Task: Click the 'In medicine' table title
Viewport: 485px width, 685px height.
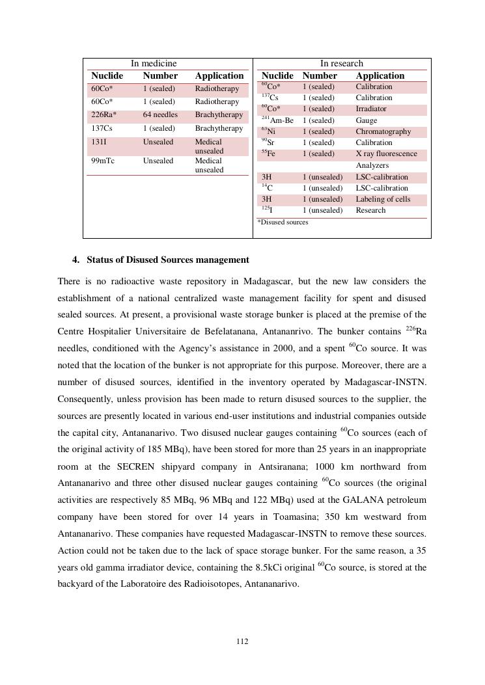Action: click(x=154, y=63)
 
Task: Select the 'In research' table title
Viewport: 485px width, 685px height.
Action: click(x=341, y=63)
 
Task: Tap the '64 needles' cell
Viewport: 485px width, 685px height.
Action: click(x=160, y=114)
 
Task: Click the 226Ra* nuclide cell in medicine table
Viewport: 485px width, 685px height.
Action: click(x=104, y=114)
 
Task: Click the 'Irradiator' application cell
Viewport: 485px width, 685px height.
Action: click(x=370, y=109)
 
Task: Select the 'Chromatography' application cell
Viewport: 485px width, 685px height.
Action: click(x=383, y=131)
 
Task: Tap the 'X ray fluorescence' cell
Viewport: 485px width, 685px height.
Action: click(x=386, y=154)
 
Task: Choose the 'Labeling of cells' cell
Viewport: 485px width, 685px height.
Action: click(x=383, y=199)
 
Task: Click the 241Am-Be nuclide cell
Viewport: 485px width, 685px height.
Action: click(x=277, y=120)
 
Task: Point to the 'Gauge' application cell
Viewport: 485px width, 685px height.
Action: click(x=366, y=120)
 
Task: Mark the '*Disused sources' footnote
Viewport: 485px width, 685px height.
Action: click(x=283, y=222)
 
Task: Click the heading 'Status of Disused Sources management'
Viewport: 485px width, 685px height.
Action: click(x=167, y=260)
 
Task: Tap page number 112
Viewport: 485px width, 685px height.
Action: click(x=242, y=641)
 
